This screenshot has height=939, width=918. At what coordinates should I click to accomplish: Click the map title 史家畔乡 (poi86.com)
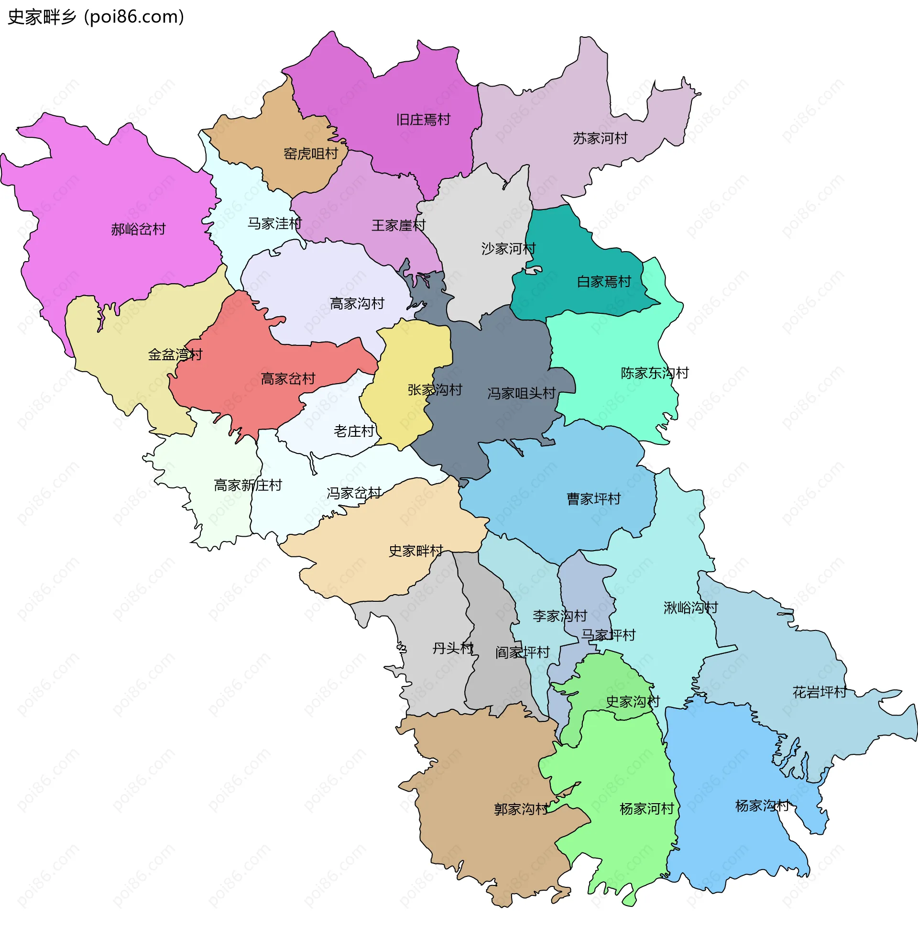pyautogui.click(x=96, y=17)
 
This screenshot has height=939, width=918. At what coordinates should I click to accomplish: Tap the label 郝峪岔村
pyautogui.click(x=138, y=229)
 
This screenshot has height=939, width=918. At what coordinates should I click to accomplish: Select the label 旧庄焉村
pyautogui.click(x=423, y=120)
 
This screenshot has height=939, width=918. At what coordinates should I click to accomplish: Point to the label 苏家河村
pyautogui.click(x=600, y=138)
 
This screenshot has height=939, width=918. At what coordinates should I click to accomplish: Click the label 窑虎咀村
pyautogui.click(x=310, y=154)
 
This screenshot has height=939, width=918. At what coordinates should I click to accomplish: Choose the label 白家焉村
pyautogui.click(x=604, y=282)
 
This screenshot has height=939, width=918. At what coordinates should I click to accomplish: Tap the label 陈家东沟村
pyautogui.click(x=654, y=373)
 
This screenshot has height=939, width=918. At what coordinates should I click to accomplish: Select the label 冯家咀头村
pyautogui.click(x=521, y=394)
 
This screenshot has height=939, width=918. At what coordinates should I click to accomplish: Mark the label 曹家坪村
pyautogui.click(x=593, y=498)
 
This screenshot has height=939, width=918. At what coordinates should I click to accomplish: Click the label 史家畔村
pyautogui.click(x=415, y=551)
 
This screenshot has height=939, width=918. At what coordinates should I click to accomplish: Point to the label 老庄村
pyautogui.click(x=354, y=431)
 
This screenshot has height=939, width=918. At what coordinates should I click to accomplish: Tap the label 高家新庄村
pyautogui.click(x=248, y=485)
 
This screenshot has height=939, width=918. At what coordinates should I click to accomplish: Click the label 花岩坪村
pyautogui.click(x=819, y=693)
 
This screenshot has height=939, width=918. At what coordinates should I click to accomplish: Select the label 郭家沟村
pyautogui.click(x=521, y=809)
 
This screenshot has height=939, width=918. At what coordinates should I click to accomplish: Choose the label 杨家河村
pyautogui.click(x=646, y=809)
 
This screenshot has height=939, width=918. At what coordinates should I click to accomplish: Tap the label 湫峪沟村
pyautogui.click(x=690, y=608)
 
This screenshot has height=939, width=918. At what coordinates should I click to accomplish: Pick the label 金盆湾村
pyautogui.click(x=175, y=355)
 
